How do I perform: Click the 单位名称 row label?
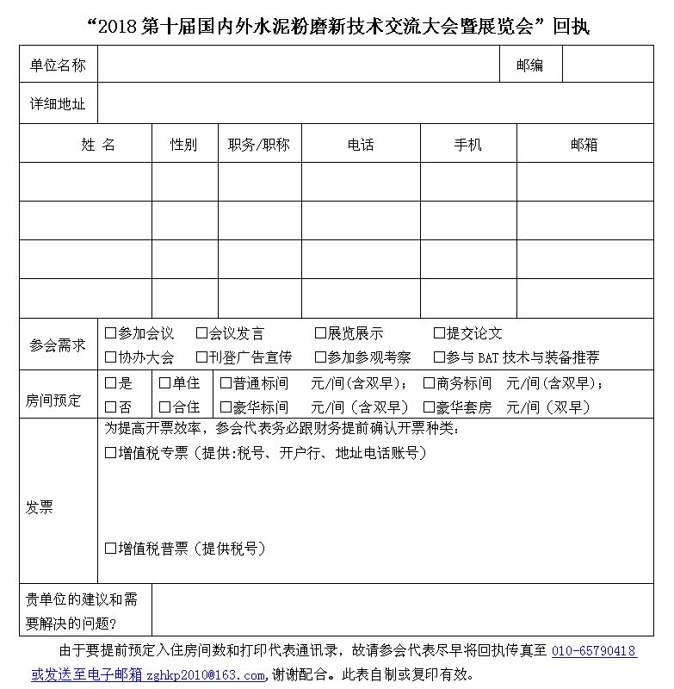coord(58,65)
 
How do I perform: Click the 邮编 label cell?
coord(529,65)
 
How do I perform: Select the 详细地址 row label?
coord(58,104)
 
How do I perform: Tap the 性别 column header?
coord(183,145)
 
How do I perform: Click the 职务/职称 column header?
coord(259,145)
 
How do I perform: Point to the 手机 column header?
coord(467,145)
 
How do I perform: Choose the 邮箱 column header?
coord(584,145)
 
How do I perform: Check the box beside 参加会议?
coord(110,333)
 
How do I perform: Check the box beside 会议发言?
coord(201,333)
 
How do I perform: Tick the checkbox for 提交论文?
coord(439,333)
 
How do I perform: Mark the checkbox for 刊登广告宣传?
coord(201,357)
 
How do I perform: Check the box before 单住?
coord(164,383)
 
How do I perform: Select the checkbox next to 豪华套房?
coord(429,407)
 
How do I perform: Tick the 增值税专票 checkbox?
coord(110,452)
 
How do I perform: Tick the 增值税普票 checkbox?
coord(110,548)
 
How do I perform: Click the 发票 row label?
coord(39,508)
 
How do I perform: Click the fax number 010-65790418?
coord(593,651)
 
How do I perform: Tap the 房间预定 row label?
coord(53,400)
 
